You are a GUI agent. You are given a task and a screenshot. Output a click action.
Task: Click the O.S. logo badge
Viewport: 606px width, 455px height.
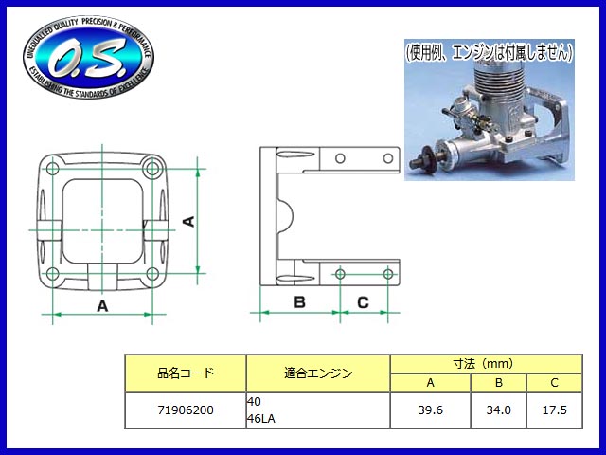pyautogui.click(x=88, y=57)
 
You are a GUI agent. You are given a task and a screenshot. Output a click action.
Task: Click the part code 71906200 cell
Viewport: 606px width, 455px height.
pyautogui.click(x=186, y=410)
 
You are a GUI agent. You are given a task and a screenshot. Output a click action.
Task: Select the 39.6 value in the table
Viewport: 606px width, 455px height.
pyautogui.click(x=430, y=410)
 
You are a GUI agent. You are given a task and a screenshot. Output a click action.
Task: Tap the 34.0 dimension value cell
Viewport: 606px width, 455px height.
pyautogui.click(x=499, y=410)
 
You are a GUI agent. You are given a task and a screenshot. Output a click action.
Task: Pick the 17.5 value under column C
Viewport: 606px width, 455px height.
pyautogui.click(x=555, y=410)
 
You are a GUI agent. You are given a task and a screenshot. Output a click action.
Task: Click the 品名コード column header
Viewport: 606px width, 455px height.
pyautogui.click(x=186, y=373)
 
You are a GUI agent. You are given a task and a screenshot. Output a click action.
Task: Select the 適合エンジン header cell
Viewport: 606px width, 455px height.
pyautogui.click(x=318, y=373)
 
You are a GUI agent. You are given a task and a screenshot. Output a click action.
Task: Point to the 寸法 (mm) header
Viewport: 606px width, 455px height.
pyautogui.click(x=486, y=364)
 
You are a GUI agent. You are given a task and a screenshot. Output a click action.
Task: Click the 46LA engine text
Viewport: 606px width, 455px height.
pyautogui.click(x=261, y=419)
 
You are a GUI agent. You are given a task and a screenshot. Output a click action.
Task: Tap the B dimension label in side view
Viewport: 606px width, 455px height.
pyautogui.click(x=299, y=301)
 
